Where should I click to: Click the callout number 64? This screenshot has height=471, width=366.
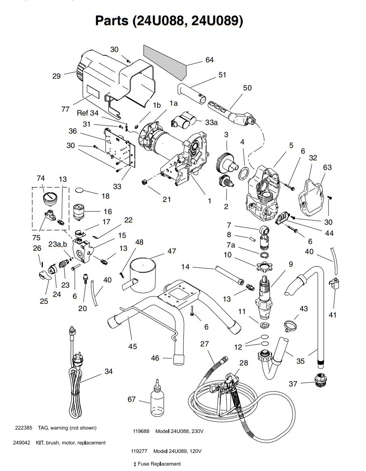click(x=209, y=60)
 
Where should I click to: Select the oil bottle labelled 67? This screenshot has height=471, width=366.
click(x=157, y=398)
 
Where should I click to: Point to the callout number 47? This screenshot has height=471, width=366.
click(x=172, y=251)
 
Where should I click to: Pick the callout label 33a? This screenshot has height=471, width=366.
click(x=212, y=122)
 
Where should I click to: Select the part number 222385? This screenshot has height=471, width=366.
click(x=23, y=428)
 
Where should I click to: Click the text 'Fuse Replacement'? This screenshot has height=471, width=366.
click(x=159, y=464)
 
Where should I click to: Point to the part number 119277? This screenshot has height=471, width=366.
click(x=139, y=451)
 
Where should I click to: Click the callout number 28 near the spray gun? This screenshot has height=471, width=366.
click(x=244, y=363)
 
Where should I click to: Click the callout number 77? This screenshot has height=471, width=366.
click(x=65, y=109)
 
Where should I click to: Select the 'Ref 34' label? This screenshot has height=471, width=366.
click(x=88, y=113)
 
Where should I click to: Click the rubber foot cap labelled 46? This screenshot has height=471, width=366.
click(x=179, y=359)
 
